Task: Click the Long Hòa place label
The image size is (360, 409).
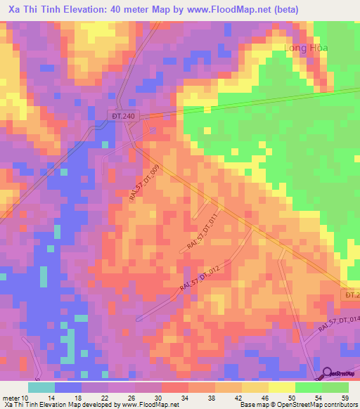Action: [306, 48]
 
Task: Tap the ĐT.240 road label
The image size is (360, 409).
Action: [120, 115]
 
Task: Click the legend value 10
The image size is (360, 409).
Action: [25, 397]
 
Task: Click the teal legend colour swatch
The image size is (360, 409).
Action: [41, 387]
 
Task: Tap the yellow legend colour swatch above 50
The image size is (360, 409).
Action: [282, 387]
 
